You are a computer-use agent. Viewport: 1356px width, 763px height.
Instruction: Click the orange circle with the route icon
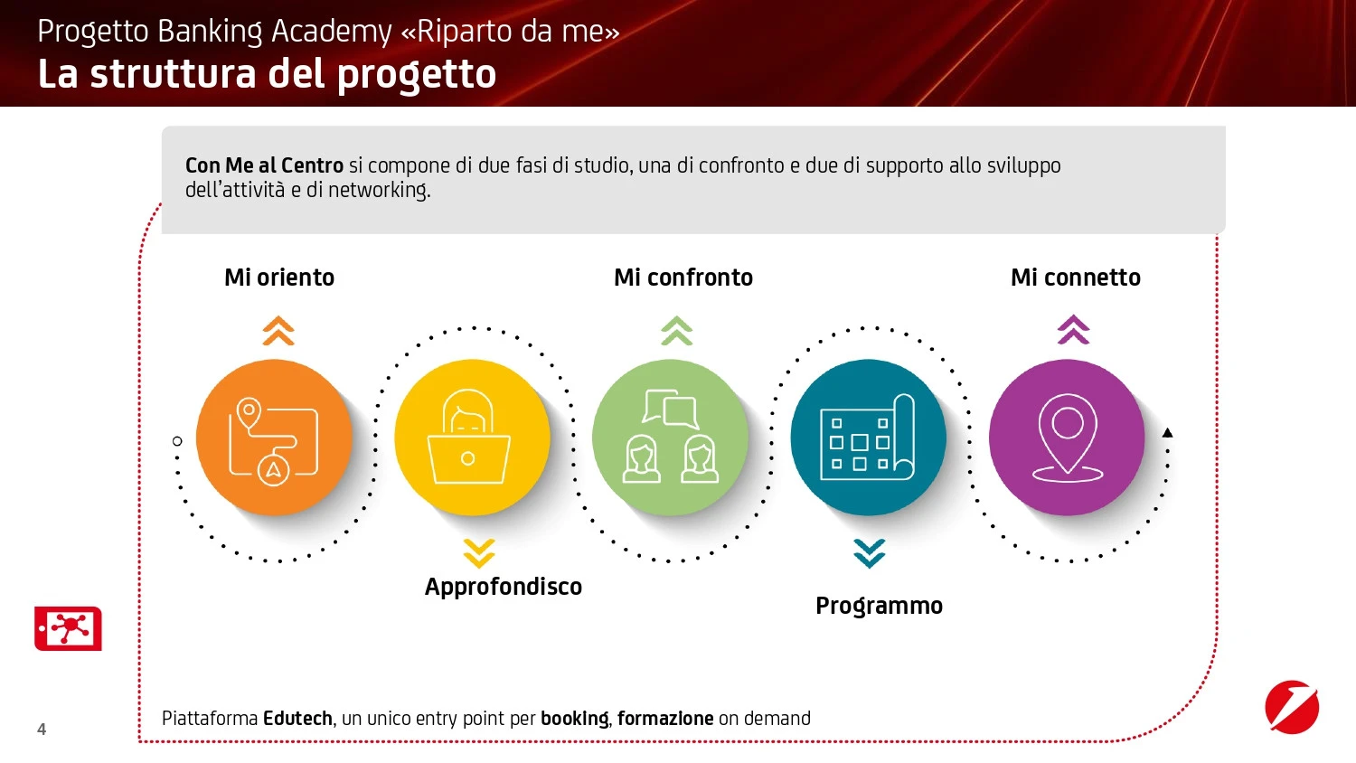pyautogui.click(x=274, y=438)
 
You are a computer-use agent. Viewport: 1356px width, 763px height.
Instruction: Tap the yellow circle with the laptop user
pyautogui.click(x=472, y=438)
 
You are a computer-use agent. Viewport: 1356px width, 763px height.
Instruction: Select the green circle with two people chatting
pyautogui.click(x=670, y=438)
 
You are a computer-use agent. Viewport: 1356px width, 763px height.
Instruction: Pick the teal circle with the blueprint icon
pyautogui.click(x=869, y=438)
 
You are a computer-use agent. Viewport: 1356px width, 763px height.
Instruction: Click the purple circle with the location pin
pyautogui.click(x=1067, y=438)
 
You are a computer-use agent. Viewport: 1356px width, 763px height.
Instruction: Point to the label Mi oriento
pyautogui.click(x=279, y=278)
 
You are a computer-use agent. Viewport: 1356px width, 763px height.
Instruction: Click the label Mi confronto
pyautogui.click(x=683, y=278)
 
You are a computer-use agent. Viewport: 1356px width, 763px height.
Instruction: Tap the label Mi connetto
pyautogui.click(x=1076, y=278)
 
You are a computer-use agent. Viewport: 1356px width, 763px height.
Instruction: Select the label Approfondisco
pyautogui.click(x=503, y=587)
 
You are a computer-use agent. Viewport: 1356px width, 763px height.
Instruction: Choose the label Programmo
pyautogui.click(x=879, y=607)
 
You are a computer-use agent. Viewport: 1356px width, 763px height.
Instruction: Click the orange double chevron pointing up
pyautogui.click(x=278, y=331)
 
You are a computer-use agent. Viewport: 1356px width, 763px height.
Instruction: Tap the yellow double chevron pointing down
pyautogui.click(x=479, y=553)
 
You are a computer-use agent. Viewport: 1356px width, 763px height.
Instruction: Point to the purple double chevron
pyautogui.click(x=1073, y=329)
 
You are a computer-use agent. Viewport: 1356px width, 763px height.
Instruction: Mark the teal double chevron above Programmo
pyautogui.click(x=870, y=553)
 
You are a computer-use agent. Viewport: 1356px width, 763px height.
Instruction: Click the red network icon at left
pyautogui.click(x=68, y=628)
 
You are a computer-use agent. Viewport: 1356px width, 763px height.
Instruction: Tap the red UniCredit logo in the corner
pyautogui.click(x=1292, y=707)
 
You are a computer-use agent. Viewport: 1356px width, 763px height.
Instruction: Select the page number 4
pyautogui.click(x=42, y=729)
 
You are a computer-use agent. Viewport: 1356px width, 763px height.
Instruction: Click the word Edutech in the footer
pyautogui.click(x=297, y=719)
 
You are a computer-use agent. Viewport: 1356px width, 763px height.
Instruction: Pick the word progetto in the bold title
pyautogui.click(x=417, y=74)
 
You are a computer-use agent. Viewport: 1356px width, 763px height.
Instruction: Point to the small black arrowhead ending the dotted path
pyautogui.click(x=1168, y=432)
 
